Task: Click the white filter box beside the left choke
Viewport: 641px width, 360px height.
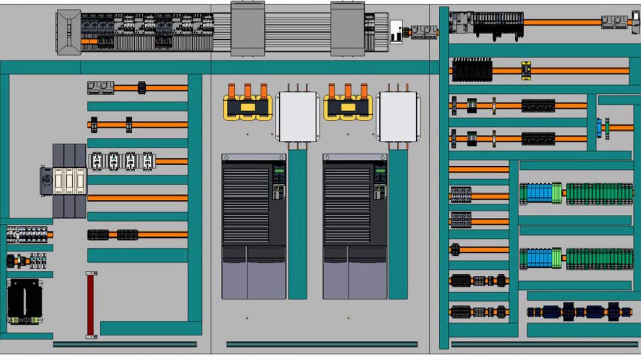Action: [x=297, y=117]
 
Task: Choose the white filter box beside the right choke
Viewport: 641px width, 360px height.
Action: [x=398, y=117]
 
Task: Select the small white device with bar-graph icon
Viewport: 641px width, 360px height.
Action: [x=396, y=31]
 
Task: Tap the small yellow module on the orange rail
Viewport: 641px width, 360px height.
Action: [x=526, y=71]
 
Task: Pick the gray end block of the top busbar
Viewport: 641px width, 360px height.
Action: [x=69, y=32]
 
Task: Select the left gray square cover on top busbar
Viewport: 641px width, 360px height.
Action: [x=247, y=29]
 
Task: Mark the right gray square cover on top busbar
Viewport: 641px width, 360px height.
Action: [x=348, y=29]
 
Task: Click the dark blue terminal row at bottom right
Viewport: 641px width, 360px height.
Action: [x=579, y=312]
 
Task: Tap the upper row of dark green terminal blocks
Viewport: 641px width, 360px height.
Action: [x=599, y=194]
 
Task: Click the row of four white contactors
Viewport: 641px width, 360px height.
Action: [x=122, y=161]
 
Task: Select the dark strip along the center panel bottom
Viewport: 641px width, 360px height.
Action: [x=322, y=344]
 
